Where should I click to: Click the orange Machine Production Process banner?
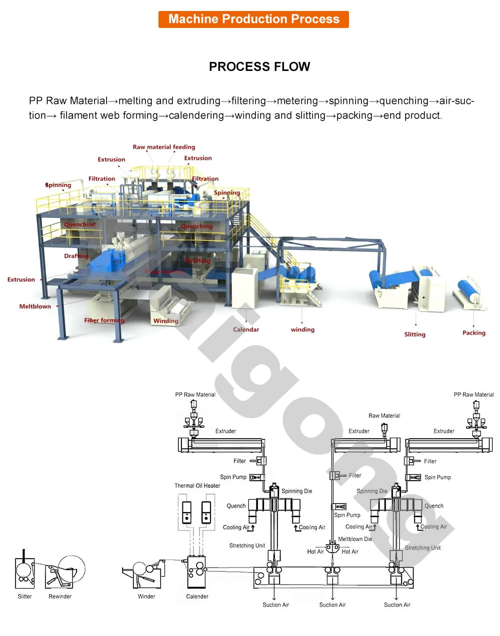pos(253,19)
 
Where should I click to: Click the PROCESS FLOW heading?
pos(259,67)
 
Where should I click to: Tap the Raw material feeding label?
pos(164,147)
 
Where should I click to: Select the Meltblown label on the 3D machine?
pos(35,306)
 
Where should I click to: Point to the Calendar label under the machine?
pos(246,330)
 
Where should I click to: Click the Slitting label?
pos(414,334)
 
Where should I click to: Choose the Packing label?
pos(473,333)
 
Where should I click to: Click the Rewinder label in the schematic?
pos(60,597)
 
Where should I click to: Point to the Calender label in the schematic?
pos(197,597)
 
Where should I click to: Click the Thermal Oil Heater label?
pos(197,486)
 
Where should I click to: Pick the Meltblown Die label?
pos(355,539)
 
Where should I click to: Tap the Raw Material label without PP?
pos(384,416)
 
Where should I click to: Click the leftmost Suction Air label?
pos(275,605)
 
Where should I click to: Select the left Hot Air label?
pos(315,552)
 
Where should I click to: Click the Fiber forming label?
pos(104,320)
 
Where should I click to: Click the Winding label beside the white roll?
pos(165,321)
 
